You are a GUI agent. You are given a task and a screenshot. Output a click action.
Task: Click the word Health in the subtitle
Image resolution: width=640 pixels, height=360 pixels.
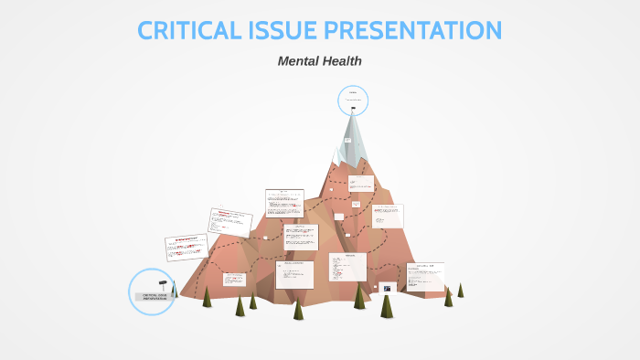point(344,61)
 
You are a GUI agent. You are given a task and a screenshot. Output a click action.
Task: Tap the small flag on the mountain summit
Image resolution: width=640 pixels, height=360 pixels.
point(353,109)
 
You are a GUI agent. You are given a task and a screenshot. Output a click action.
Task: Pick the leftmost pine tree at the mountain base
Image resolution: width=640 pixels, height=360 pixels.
point(207,297)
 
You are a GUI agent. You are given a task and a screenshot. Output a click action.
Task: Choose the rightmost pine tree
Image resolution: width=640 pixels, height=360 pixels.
point(460,291)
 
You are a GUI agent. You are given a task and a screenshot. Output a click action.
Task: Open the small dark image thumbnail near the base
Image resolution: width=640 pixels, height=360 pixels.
point(388,288)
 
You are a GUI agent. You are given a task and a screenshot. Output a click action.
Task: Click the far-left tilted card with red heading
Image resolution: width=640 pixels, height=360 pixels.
point(185,248)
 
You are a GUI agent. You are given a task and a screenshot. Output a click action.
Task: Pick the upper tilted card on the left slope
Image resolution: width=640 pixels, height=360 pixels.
point(230,222)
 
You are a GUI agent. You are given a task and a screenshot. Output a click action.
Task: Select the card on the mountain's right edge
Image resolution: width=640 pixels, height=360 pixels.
point(387,217)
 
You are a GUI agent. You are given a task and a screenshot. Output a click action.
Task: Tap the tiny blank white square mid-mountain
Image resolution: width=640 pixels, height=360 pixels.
point(338,217)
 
